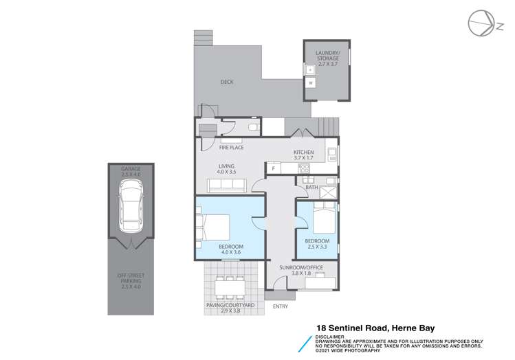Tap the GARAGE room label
tap(131, 172)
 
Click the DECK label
tap(227, 82)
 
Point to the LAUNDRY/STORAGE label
tap(327, 56)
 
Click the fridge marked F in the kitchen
tap(273, 168)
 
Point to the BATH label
tap(311, 187)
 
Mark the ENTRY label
tap(281, 306)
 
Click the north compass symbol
tap(481, 25)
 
